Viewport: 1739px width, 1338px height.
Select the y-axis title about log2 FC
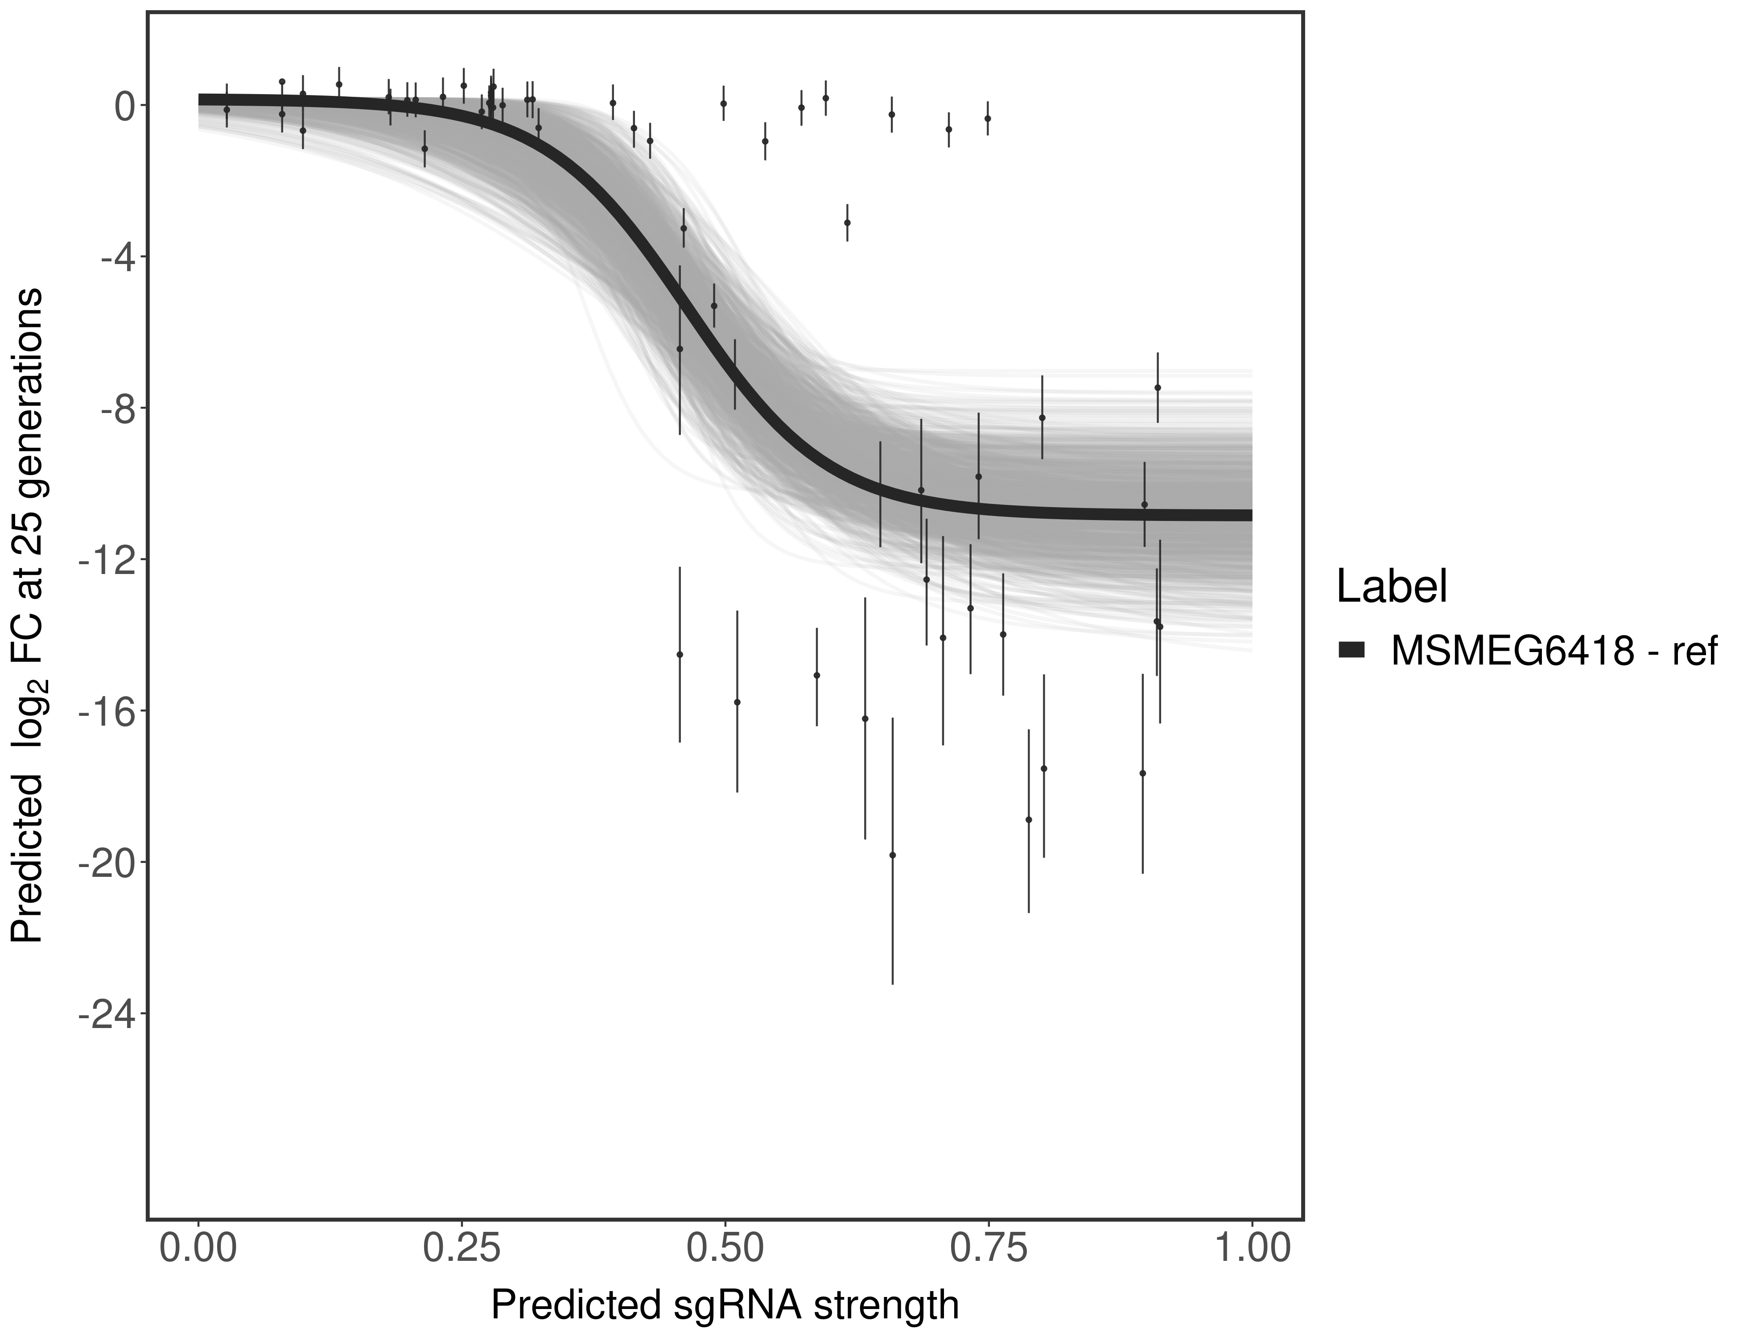pos(28,615)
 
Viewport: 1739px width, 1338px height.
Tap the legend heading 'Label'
pos(1392,587)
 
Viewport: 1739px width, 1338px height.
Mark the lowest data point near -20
pos(893,855)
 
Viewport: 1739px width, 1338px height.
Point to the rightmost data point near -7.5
pos(1158,388)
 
